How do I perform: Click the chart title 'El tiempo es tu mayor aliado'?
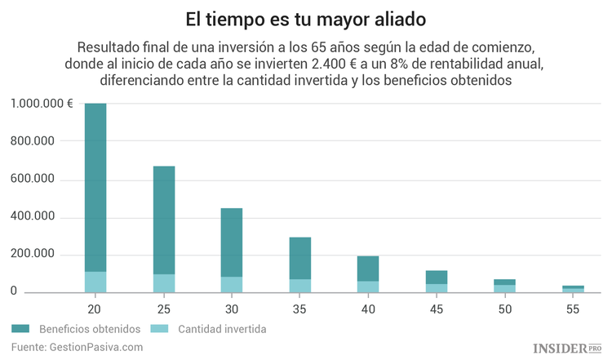[x=306, y=17]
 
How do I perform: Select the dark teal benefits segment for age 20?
[x=95, y=187]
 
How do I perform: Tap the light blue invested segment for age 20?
[x=95, y=282]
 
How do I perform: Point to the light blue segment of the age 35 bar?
[x=300, y=286]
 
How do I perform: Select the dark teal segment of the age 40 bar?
[x=368, y=269]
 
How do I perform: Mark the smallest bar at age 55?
[x=573, y=288]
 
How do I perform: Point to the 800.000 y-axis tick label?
[x=33, y=142]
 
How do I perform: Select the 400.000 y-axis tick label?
[x=33, y=217]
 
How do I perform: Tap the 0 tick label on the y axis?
[x=14, y=292]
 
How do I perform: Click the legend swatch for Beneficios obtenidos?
[x=20, y=329]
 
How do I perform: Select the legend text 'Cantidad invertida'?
[x=223, y=329]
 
